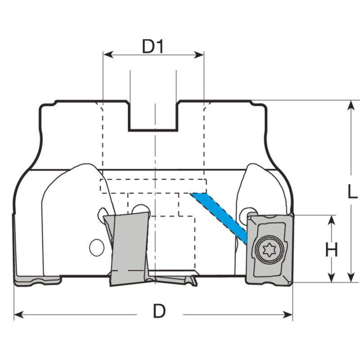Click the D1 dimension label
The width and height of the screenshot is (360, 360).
pos(153,46)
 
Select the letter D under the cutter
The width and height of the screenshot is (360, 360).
pos(159,311)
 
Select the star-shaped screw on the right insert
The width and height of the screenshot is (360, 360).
pos(269,249)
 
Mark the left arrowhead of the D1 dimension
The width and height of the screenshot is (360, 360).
pos(107,54)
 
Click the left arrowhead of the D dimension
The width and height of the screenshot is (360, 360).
pos(17,313)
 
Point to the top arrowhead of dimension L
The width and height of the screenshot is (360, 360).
pos(350,104)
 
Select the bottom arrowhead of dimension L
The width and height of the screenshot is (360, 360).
pos(350,279)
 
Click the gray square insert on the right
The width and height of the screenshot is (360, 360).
pos(269,249)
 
